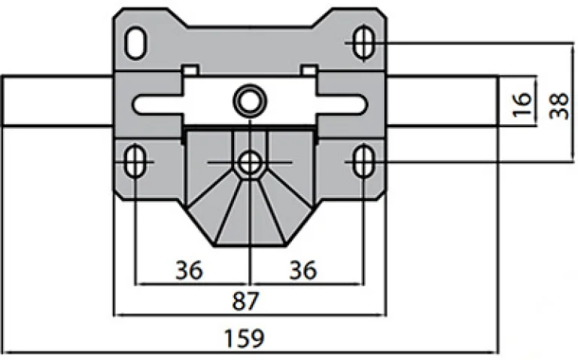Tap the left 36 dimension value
pos(190,269)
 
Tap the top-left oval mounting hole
pos(136,42)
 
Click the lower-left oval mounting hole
pos(136,160)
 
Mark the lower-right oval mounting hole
pos(362,160)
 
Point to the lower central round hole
pos(248,161)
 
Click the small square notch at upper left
pos(190,70)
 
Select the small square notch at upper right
pos(309,70)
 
